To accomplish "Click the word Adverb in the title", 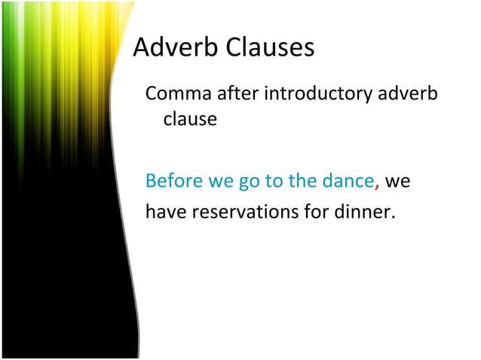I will tap(173, 48).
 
